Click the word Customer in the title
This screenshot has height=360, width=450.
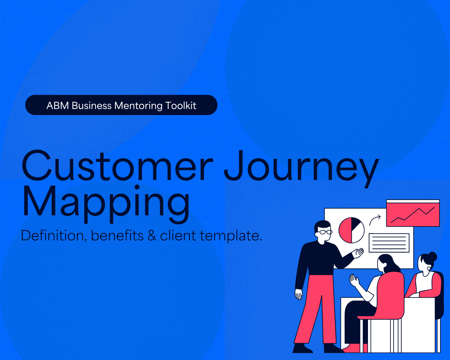coord(117,166)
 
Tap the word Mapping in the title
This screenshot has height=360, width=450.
coord(106,201)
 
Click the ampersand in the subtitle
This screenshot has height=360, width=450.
coord(152,236)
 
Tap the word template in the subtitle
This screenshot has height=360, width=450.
coord(231,236)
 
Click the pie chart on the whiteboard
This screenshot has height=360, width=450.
coord(351,230)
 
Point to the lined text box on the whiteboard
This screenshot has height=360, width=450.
coord(389,243)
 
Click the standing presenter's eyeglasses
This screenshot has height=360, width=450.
coord(324,232)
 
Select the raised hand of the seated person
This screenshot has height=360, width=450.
coord(354,281)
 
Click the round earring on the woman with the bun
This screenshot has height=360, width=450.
coord(429,268)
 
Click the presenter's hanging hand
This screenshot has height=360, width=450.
coord(299,294)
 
